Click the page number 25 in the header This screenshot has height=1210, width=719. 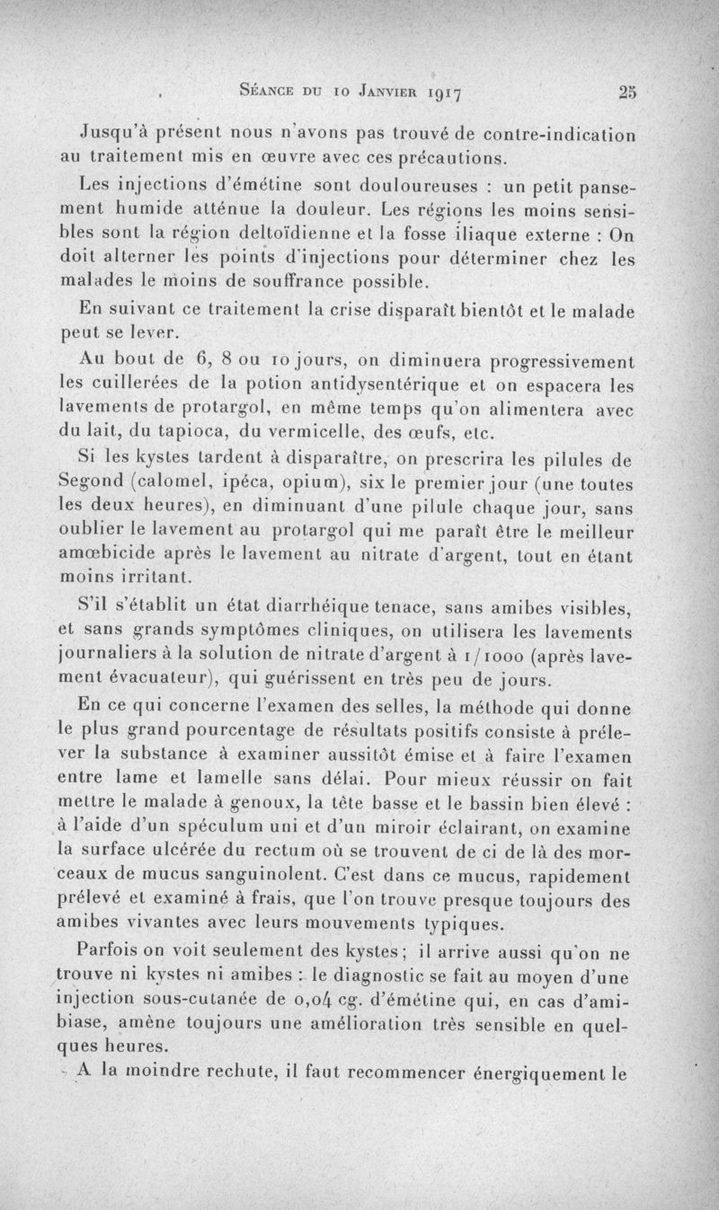tap(626, 91)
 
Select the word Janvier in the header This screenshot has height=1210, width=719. tap(353, 91)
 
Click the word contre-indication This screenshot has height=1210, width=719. tap(560, 136)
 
